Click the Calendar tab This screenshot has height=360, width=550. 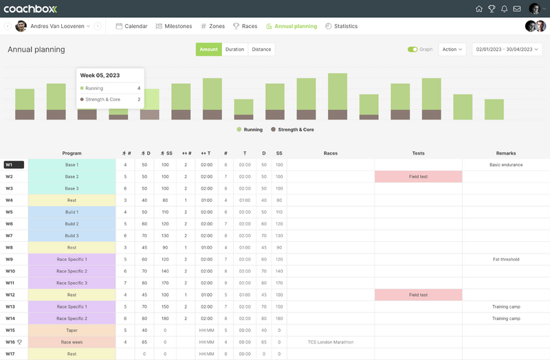(x=131, y=26)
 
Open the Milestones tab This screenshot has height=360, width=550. (x=173, y=26)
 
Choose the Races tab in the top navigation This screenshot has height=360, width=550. (x=245, y=26)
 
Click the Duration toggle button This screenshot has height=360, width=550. (x=234, y=49)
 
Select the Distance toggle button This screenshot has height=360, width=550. (x=261, y=49)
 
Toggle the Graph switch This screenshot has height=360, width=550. (x=412, y=49)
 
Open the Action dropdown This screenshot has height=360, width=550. (x=452, y=49)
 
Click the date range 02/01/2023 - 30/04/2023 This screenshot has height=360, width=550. (x=507, y=49)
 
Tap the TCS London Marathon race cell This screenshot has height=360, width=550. (x=330, y=342)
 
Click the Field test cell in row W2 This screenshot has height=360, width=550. (x=418, y=177)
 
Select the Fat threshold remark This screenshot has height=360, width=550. (x=506, y=260)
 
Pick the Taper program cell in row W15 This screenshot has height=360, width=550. (x=71, y=330)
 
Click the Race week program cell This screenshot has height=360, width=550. (x=71, y=342)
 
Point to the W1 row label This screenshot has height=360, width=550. (x=14, y=165)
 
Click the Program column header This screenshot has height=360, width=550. (x=71, y=153)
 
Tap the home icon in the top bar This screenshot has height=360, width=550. (x=479, y=9)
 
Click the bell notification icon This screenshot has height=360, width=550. (x=504, y=9)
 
